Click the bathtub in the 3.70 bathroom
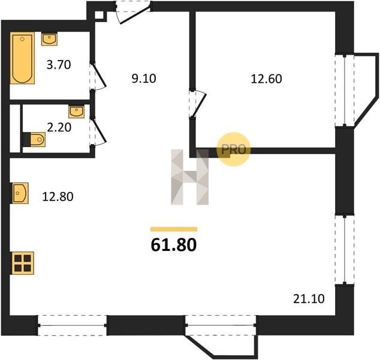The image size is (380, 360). (x=22, y=58)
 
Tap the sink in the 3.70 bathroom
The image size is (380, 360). (x=49, y=39)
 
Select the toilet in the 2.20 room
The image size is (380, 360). (x=34, y=139)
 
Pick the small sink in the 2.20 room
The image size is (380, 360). (x=76, y=112)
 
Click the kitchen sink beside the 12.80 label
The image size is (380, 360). (x=19, y=193)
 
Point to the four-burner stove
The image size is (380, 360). (x=22, y=263)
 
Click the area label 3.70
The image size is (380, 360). (x=59, y=65)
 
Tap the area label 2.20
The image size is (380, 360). (x=59, y=127)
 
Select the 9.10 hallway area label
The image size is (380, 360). (x=144, y=79)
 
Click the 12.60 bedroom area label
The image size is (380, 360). (x=266, y=79)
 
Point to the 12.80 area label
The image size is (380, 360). (x=58, y=196)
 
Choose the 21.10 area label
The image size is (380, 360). (x=309, y=299)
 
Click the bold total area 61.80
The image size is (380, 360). (x=174, y=245)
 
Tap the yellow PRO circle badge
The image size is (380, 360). (x=233, y=149)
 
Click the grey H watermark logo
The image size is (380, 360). (x=190, y=177)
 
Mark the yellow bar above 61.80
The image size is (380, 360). (x=174, y=229)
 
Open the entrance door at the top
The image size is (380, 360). (x=133, y=12)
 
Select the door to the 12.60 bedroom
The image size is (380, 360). (x=198, y=104)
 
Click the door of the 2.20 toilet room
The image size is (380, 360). (x=98, y=131)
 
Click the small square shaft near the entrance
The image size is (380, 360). (x=99, y=15)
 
